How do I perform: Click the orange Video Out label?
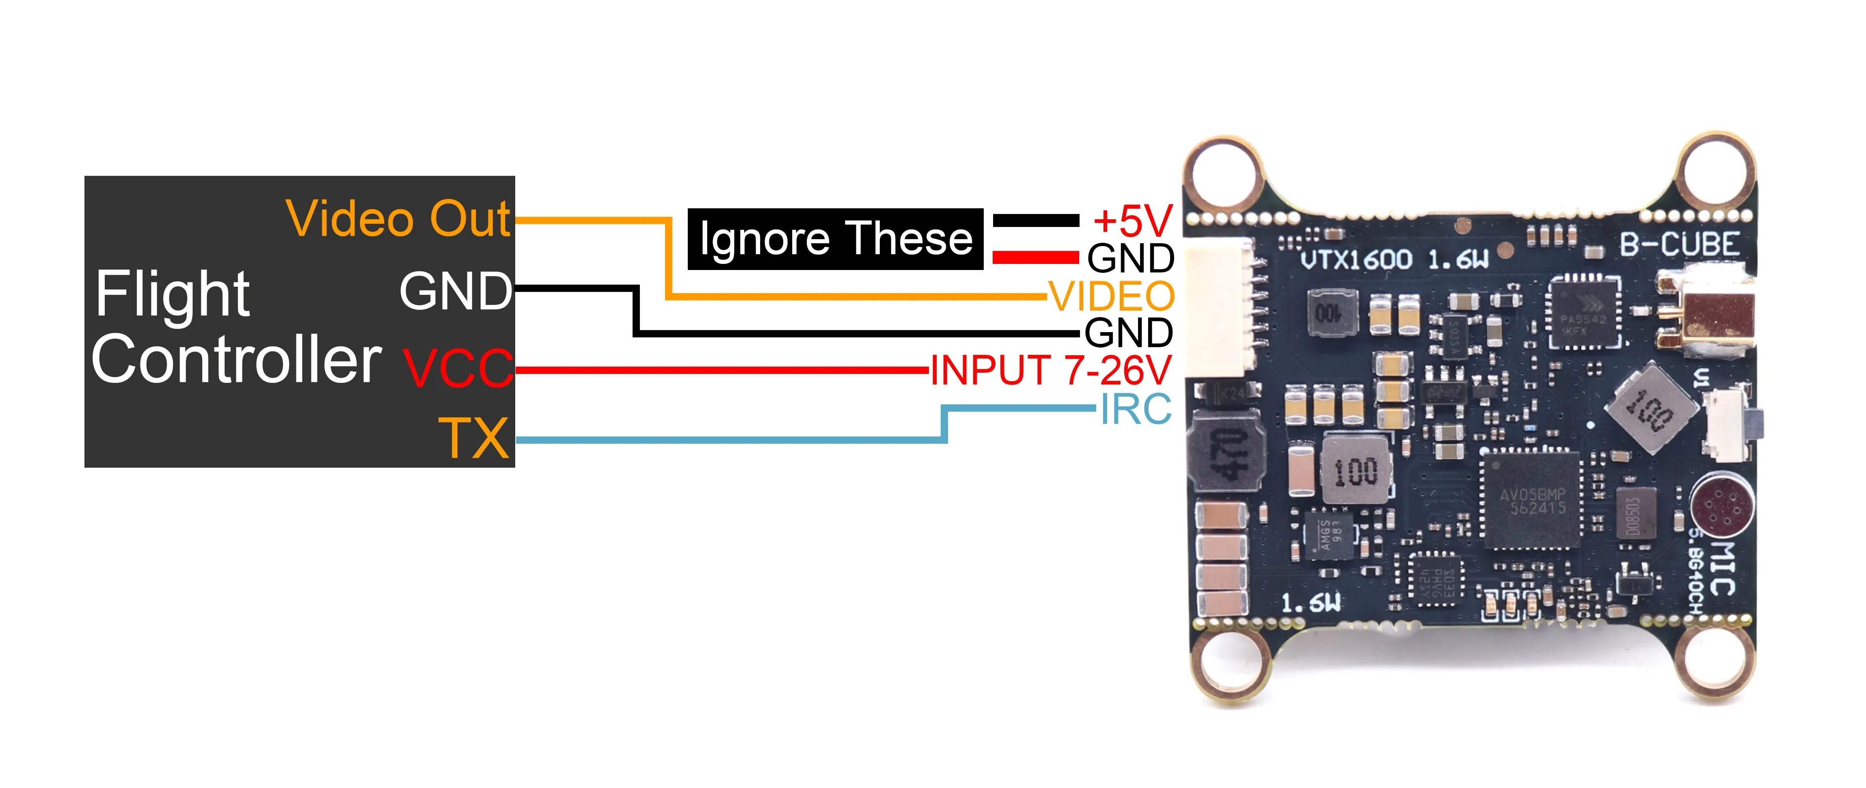(398, 219)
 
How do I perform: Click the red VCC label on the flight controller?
(458, 368)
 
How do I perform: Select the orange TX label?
(475, 438)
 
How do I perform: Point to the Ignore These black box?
(835, 239)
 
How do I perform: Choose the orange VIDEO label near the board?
(1112, 296)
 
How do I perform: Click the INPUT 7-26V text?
(1050, 370)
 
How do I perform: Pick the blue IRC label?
(1135, 409)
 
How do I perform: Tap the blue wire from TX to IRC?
(724, 440)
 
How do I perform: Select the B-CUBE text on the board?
(1679, 245)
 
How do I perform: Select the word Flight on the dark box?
(173, 294)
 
